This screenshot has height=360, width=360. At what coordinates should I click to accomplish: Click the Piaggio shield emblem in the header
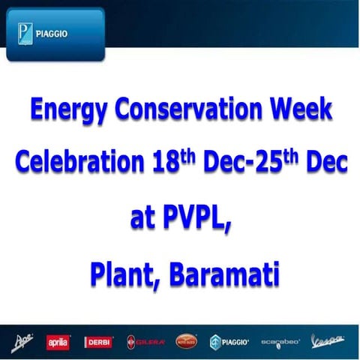(x=25, y=34)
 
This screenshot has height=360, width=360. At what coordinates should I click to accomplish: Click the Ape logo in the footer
(x=23, y=342)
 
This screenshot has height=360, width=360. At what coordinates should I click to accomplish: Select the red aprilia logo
(x=58, y=342)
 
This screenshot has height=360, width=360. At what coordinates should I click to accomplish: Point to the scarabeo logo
(x=280, y=342)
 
